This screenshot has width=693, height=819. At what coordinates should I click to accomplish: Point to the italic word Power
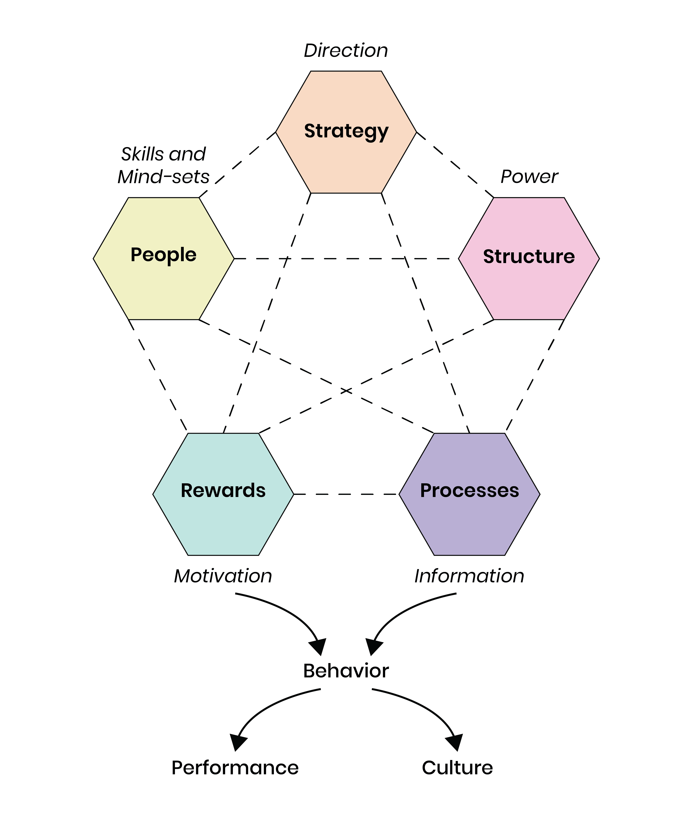coord(529,177)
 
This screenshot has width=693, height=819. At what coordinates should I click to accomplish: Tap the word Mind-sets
coord(163,177)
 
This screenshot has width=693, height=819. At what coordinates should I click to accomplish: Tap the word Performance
coord(235,768)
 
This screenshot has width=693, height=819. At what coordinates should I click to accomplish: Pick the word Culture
coord(457,768)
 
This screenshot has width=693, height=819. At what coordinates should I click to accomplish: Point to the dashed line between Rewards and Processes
coord(346,494)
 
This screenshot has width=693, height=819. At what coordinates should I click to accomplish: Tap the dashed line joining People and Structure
coord(346,259)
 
